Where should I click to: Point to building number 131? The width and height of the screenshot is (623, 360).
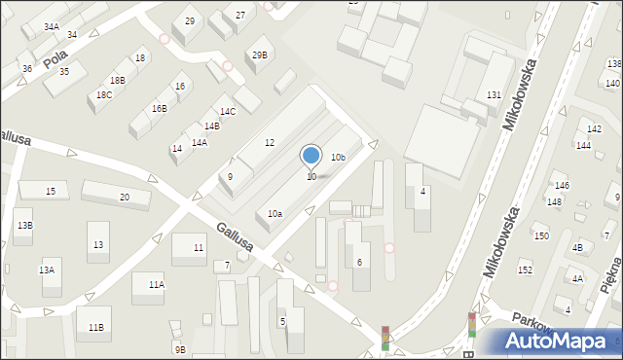[x=494, y=94]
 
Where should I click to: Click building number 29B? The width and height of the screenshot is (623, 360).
[x=259, y=54]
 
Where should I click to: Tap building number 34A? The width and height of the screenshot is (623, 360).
[x=51, y=27]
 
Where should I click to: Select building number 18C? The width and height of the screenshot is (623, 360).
[x=104, y=94]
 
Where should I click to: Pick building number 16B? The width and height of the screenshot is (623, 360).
[x=159, y=108]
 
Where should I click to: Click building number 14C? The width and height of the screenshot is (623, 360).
[x=227, y=112]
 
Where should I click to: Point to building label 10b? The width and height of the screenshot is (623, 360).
[x=338, y=157]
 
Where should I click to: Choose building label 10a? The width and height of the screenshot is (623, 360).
[x=275, y=213]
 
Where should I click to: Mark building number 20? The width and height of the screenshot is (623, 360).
[x=124, y=198]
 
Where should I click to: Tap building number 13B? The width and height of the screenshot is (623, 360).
[x=24, y=225]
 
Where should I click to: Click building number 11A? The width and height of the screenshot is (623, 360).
[x=156, y=284]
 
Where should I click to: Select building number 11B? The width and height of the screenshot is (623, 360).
[x=95, y=327]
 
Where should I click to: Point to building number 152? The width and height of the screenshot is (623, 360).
[x=525, y=270]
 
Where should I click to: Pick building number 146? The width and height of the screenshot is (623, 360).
[x=561, y=185]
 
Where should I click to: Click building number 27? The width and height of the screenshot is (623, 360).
[x=239, y=16]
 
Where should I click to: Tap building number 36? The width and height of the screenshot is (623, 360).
[x=27, y=68]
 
